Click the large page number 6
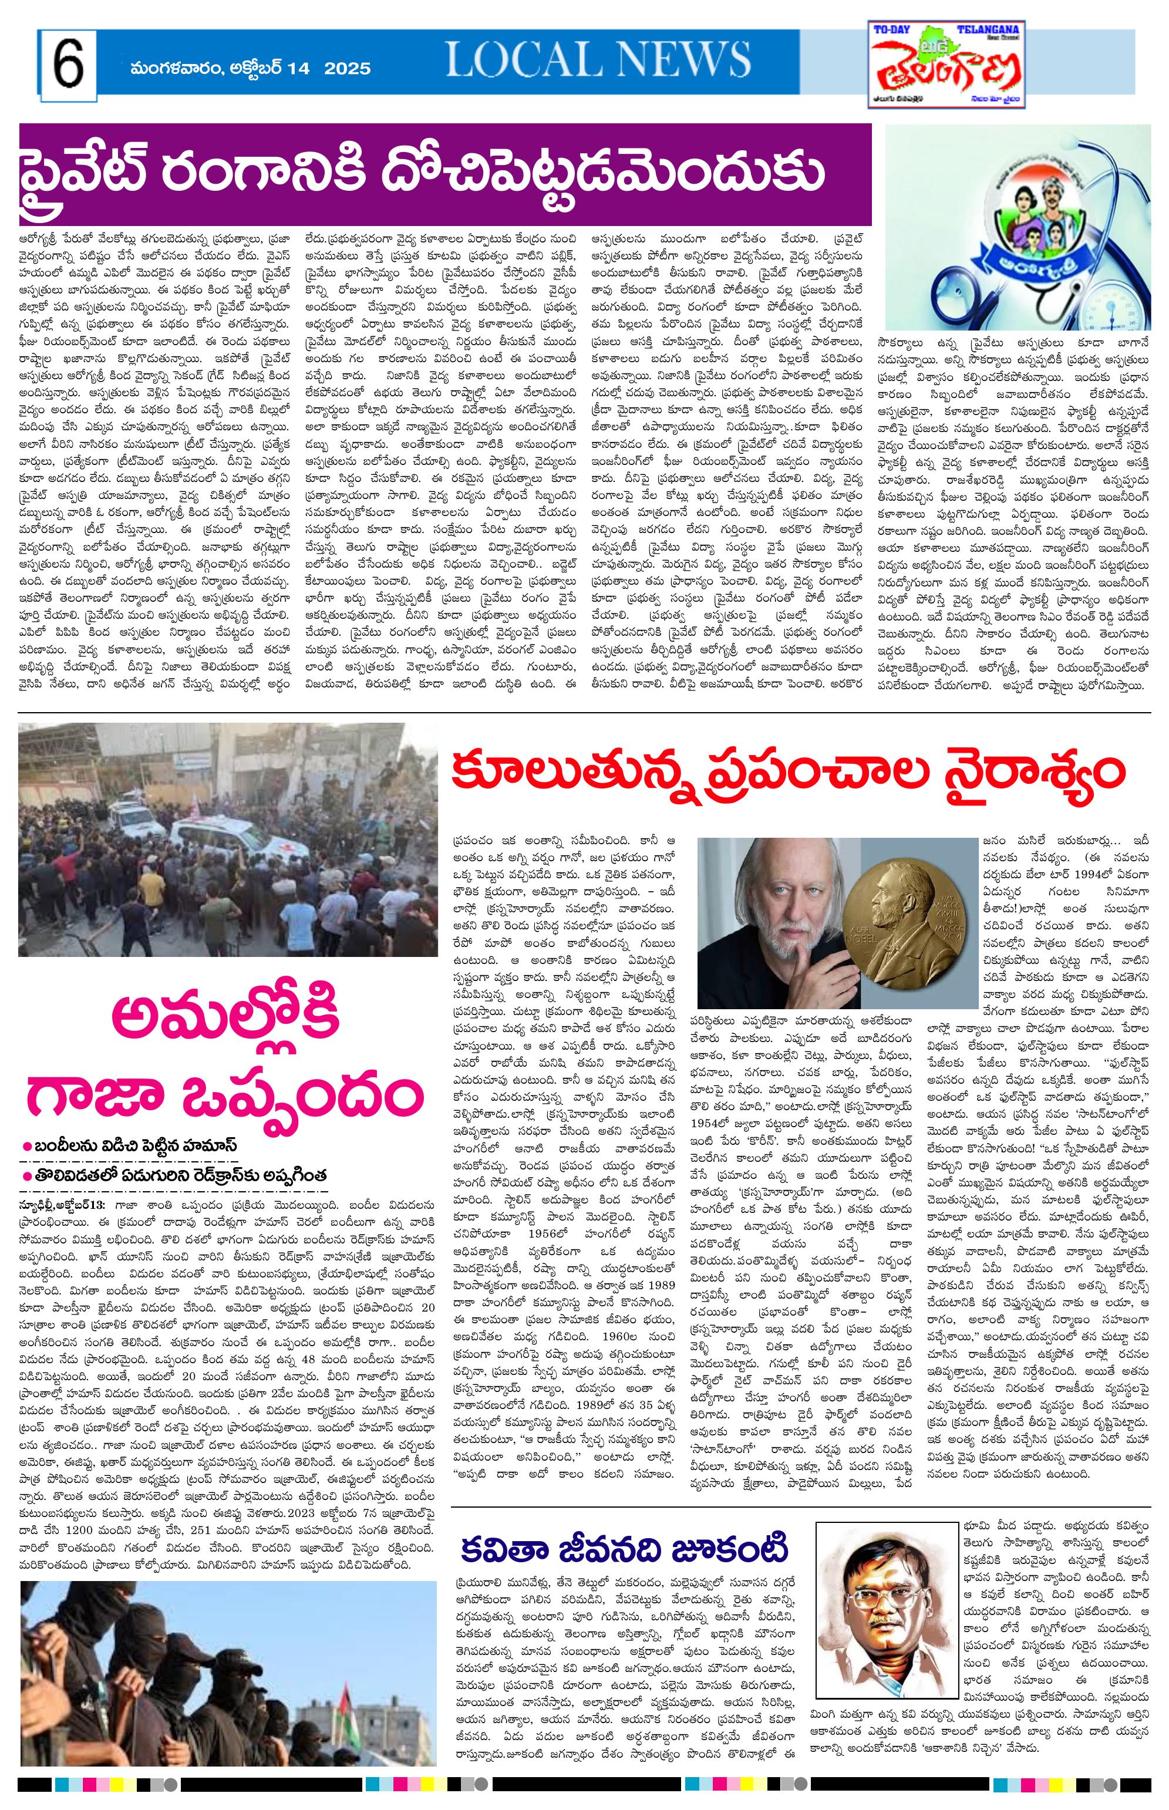pyautogui.click(x=68, y=67)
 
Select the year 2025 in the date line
pyautogui.click(x=348, y=68)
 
